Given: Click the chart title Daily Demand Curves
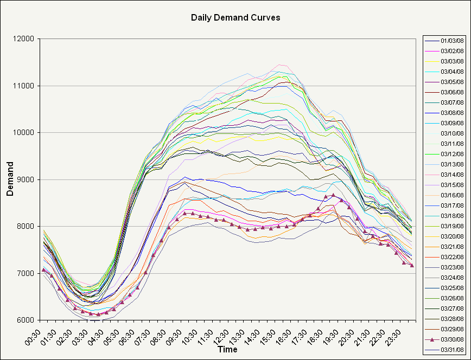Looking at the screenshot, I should (x=235, y=17).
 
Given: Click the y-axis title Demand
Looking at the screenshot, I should (x=10, y=179).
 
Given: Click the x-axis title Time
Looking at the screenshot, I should (x=227, y=350).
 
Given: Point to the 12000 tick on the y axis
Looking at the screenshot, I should (x=25, y=39).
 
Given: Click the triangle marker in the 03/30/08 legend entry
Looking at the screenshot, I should (x=432, y=339).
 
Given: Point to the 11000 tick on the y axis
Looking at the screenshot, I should (x=25, y=86).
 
